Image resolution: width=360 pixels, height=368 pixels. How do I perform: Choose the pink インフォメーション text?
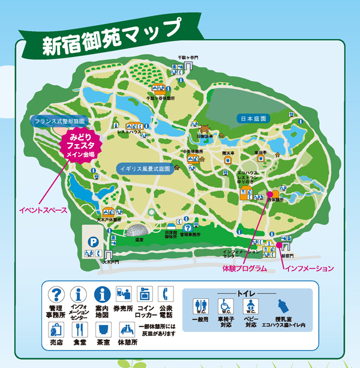(308, 267)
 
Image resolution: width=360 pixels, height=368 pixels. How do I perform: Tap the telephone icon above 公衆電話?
(164, 294)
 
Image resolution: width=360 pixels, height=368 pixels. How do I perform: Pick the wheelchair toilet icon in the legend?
(226, 307)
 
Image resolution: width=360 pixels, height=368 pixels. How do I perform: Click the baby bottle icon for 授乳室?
(283, 307)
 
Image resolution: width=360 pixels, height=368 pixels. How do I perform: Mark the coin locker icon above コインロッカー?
(144, 294)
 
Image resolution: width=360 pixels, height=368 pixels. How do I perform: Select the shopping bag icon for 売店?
(56, 330)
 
